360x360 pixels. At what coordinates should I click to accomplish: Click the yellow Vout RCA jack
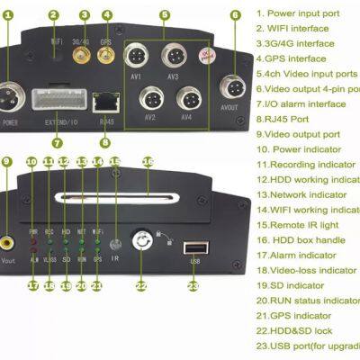7,241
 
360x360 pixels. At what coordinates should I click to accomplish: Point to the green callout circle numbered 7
57,141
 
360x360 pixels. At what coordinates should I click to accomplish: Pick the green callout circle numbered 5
165,15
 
